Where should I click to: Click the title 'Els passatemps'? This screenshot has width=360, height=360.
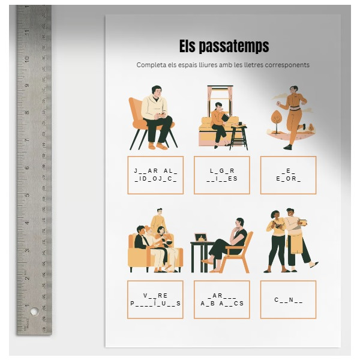tap(224, 46)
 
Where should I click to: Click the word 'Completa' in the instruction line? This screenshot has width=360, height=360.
tap(151, 65)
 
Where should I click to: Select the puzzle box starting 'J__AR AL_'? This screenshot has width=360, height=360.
tap(155, 175)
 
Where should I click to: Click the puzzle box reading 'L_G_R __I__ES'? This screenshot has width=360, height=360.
tap(222, 175)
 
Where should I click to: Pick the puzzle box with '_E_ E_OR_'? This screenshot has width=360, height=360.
tap(288, 175)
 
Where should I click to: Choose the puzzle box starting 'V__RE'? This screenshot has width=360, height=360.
tap(155, 299)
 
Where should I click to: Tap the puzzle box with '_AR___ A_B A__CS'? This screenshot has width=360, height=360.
tap(222, 299)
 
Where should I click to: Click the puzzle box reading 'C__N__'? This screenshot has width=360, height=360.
tap(288, 299)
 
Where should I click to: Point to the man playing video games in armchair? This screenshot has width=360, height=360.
tap(155, 117)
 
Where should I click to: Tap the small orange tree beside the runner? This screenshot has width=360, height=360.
tap(277, 118)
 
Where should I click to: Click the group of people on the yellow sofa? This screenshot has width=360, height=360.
tap(154, 243)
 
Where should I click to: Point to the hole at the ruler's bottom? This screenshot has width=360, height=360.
tap(34, 312)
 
